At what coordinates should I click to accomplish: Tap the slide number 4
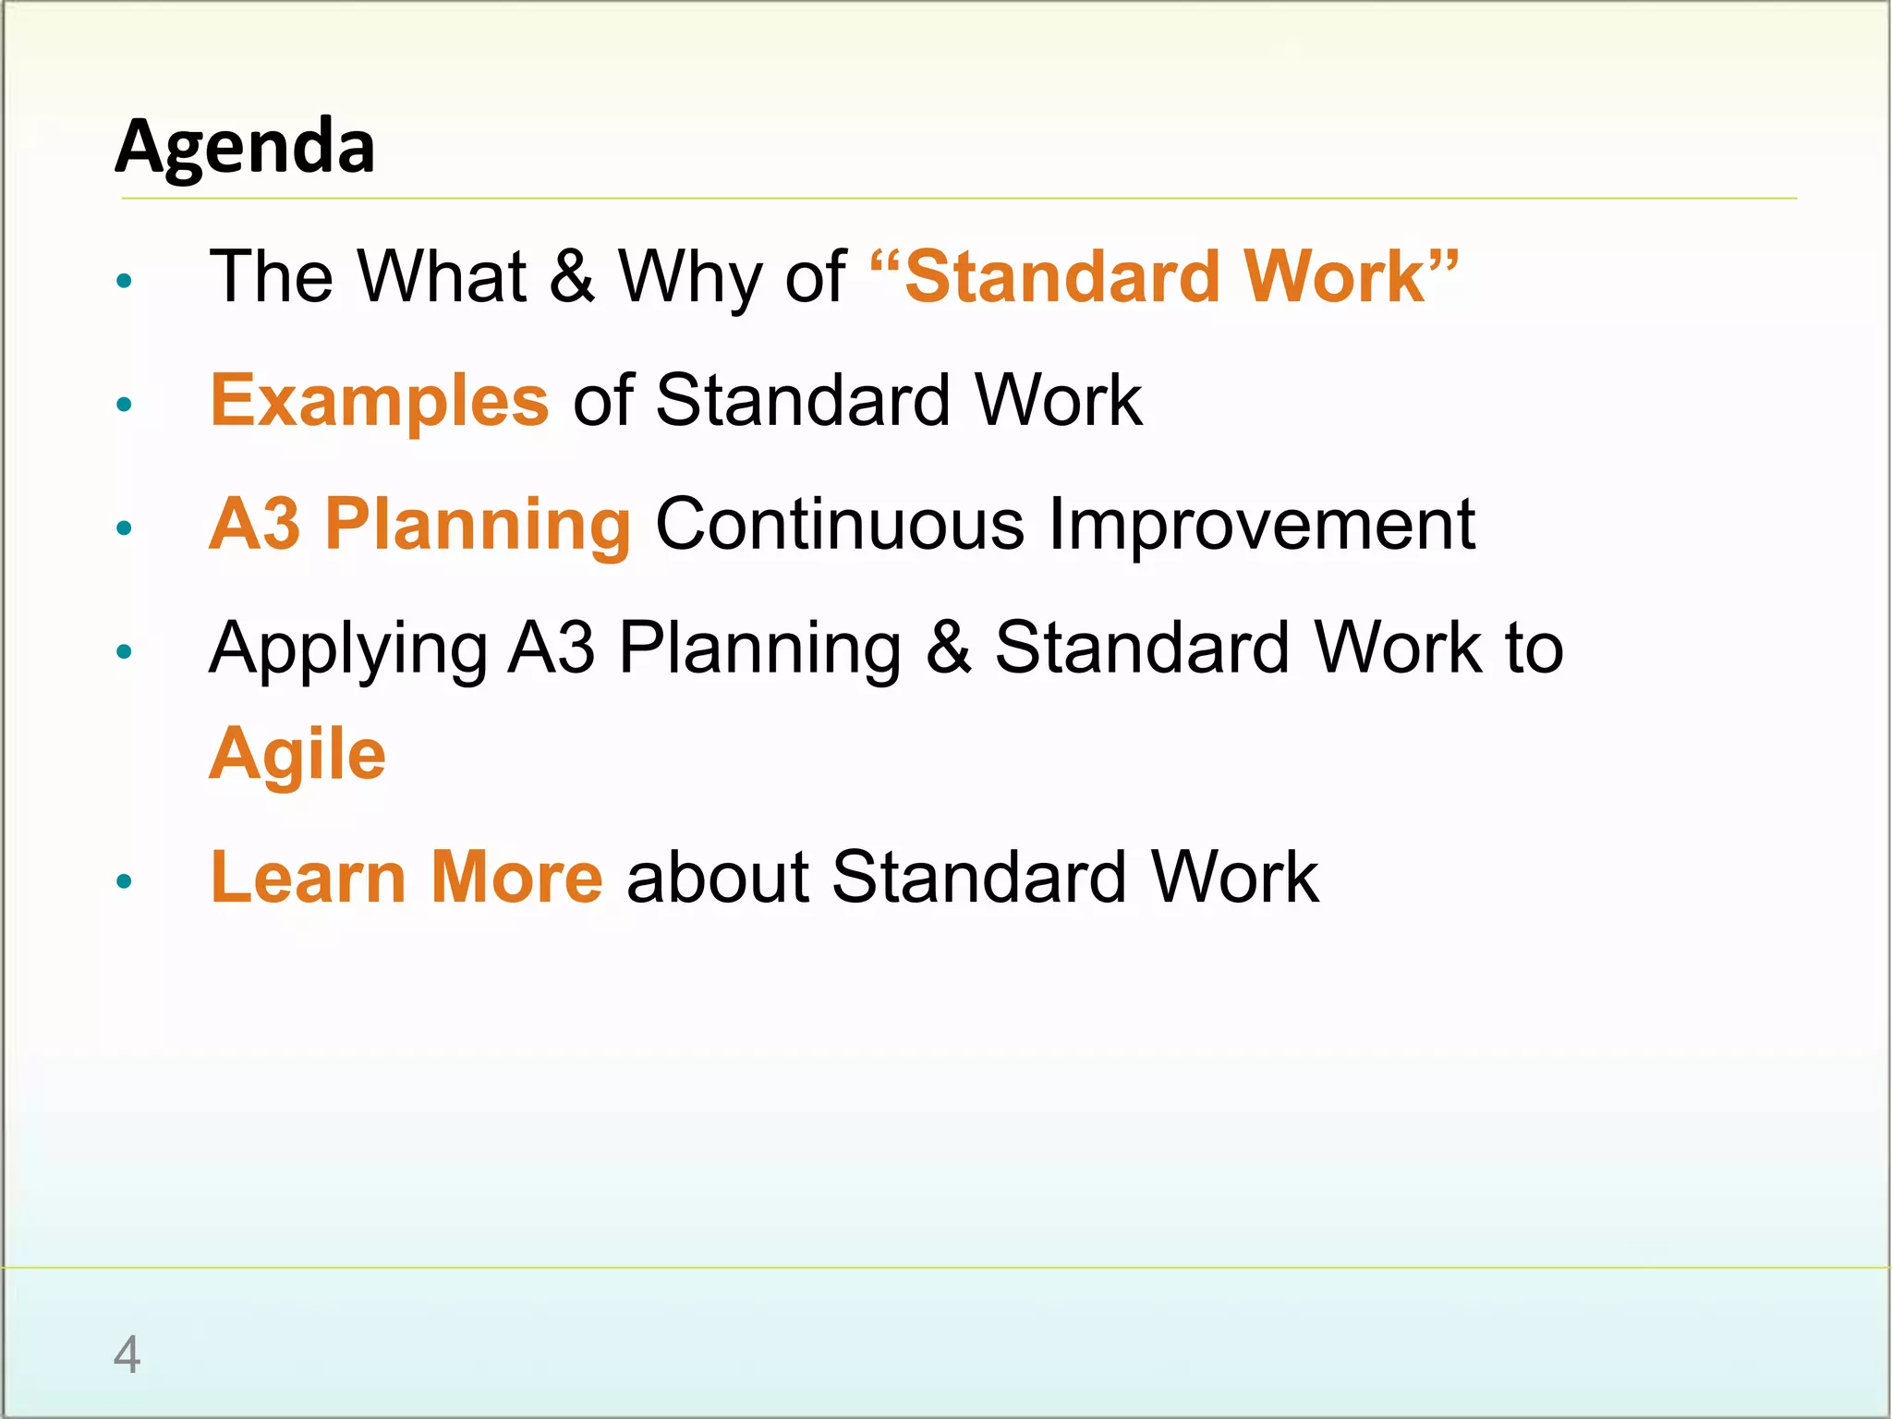tap(127, 1354)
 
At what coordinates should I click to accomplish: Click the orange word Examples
tap(380, 401)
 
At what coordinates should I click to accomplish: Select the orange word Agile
tap(297, 754)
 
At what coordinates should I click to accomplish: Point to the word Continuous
tap(840, 524)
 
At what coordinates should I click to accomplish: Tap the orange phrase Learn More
tap(406, 877)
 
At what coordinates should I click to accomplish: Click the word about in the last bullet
tap(718, 877)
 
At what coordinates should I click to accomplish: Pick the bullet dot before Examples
tap(125, 404)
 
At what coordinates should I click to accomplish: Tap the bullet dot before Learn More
tap(125, 881)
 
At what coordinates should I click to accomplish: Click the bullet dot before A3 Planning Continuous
tap(125, 528)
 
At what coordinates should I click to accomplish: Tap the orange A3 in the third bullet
tap(255, 524)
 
